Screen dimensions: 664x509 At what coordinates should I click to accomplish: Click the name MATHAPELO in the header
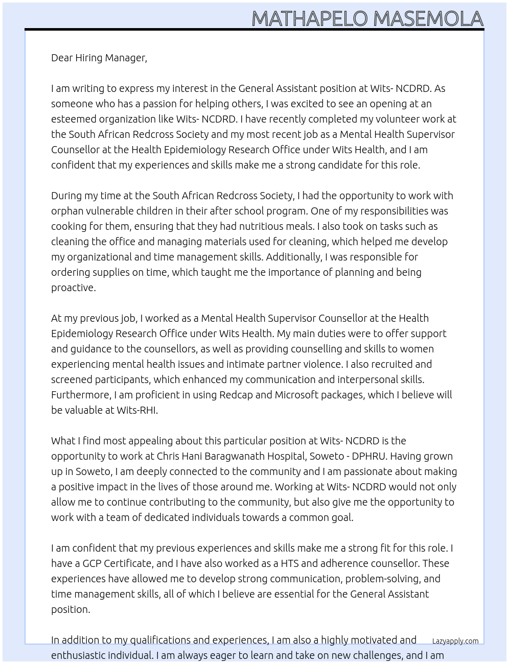(310, 19)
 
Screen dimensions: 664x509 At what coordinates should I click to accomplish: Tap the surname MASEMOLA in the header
(428, 19)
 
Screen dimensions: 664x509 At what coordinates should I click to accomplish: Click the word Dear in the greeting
(62, 58)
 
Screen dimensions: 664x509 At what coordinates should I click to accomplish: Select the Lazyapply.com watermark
(455, 641)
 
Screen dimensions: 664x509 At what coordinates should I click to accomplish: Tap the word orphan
(67, 211)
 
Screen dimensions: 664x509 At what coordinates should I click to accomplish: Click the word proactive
(73, 288)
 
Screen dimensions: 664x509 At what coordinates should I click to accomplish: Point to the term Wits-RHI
(137, 410)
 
